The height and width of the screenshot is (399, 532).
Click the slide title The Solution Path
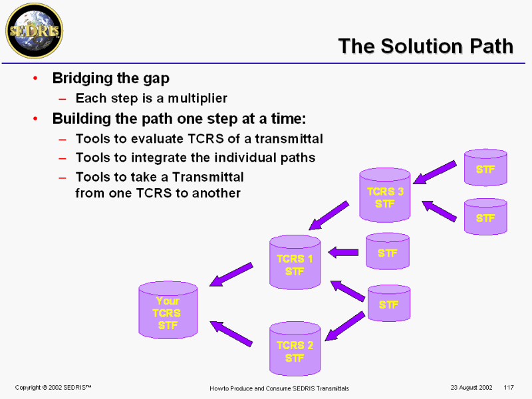(x=426, y=46)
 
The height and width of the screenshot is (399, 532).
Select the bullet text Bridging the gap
(x=110, y=78)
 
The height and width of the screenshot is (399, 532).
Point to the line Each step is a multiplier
(x=151, y=98)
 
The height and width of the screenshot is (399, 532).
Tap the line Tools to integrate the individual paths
(x=195, y=158)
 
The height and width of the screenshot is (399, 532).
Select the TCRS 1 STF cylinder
(x=295, y=262)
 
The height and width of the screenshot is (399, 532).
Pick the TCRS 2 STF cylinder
(x=295, y=349)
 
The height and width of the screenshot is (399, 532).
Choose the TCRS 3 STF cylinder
(x=385, y=196)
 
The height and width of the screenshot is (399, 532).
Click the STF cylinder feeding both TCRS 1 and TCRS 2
(x=389, y=303)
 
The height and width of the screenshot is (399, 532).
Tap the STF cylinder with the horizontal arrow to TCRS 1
(x=388, y=251)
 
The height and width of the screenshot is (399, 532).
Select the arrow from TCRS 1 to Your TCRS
(x=231, y=274)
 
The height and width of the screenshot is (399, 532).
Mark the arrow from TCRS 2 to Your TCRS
(x=231, y=333)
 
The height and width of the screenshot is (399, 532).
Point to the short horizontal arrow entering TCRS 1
(x=343, y=251)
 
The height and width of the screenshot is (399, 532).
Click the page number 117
(x=509, y=387)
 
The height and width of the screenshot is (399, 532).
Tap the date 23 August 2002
(x=471, y=387)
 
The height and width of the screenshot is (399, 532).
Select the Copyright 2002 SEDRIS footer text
(x=53, y=387)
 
